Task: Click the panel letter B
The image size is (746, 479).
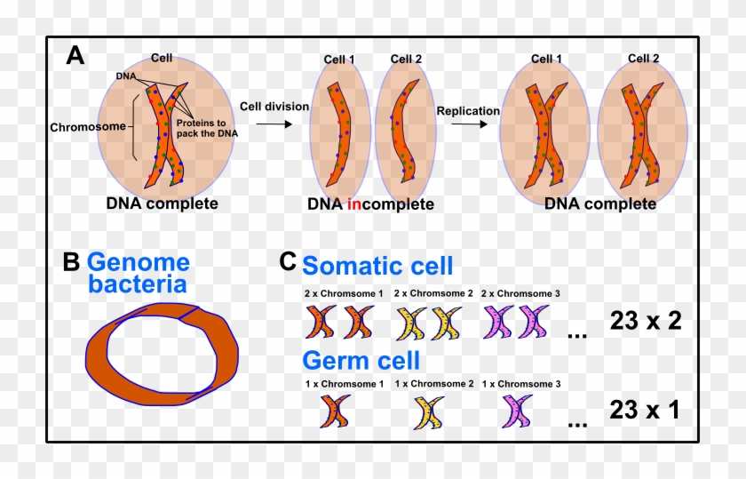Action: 72,263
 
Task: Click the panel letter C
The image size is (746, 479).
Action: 288,262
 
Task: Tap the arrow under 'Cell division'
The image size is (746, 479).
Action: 274,124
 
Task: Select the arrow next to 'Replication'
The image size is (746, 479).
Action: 468,124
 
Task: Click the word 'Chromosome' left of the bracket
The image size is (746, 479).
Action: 88,127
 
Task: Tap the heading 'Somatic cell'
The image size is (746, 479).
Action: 377,266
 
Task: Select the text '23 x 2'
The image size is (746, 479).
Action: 645,321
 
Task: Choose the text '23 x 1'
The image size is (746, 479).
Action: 645,410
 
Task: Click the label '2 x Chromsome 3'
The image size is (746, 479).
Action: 520,294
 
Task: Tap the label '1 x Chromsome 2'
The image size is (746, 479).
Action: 433,385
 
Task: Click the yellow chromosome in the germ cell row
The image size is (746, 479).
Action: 429,412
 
